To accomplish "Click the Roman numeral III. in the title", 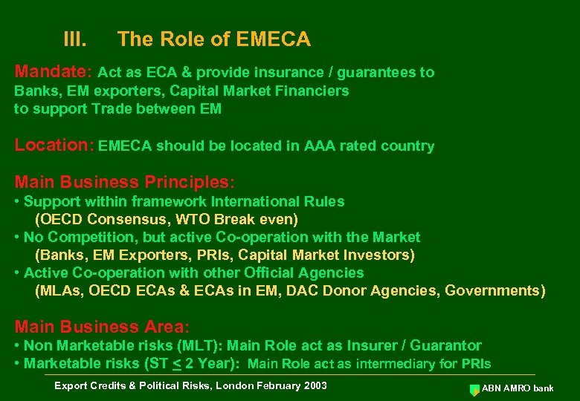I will coord(76,39).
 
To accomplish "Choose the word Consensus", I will coord(126,219).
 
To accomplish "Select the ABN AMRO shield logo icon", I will coord(474,389).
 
